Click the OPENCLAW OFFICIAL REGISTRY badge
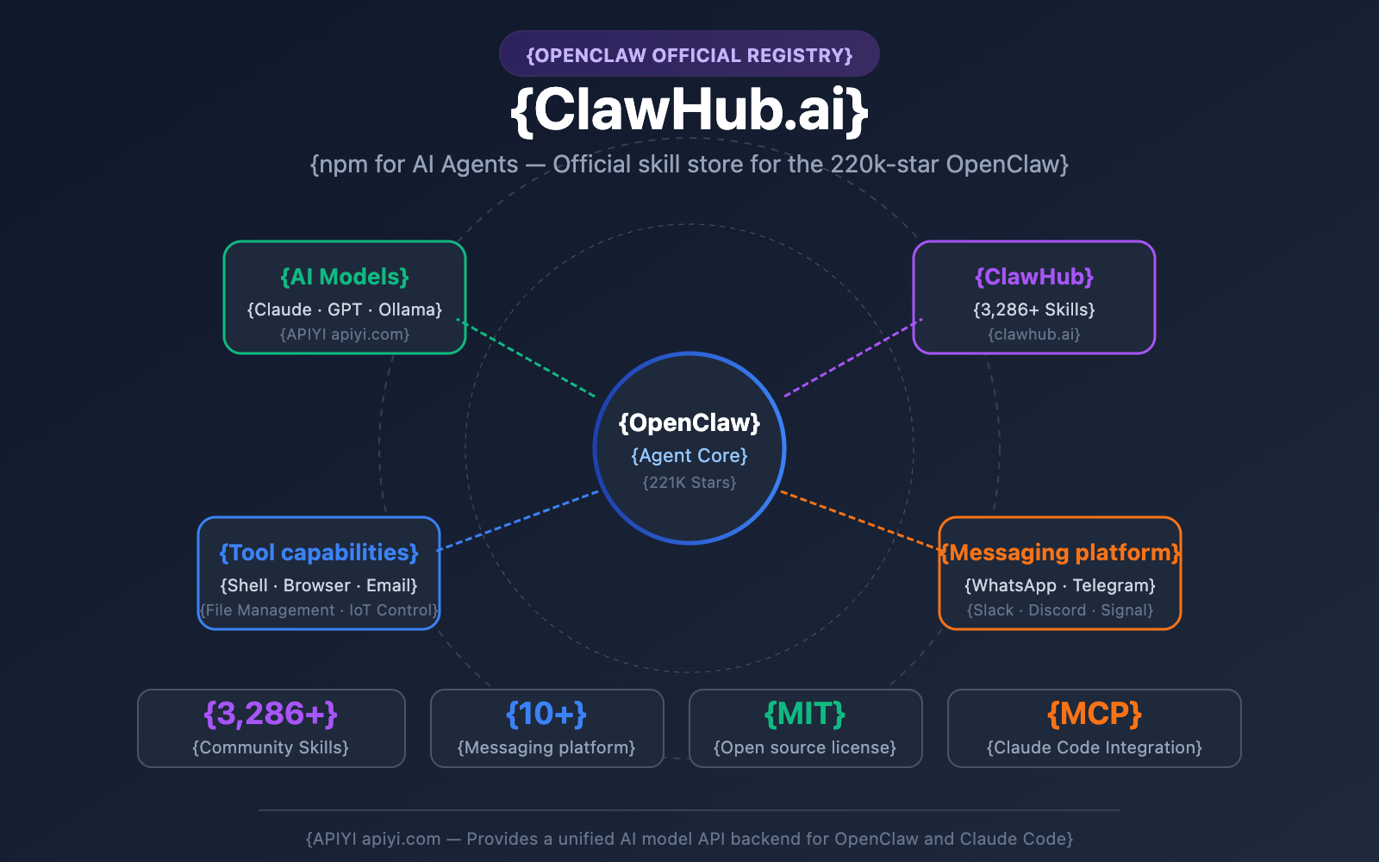pyautogui.click(x=689, y=55)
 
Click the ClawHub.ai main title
pyautogui.click(x=689, y=109)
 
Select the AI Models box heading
pyautogui.click(x=345, y=277)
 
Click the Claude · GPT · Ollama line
pyautogui.click(x=345, y=309)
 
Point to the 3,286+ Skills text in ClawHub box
pyautogui.click(x=1034, y=309)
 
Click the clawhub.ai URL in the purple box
pyautogui.click(x=1034, y=334)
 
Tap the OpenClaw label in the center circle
pyautogui.click(x=689, y=422)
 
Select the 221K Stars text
pyautogui.click(x=689, y=483)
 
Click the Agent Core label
pyautogui.click(x=689, y=455)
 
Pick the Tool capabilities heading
pyautogui.click(x=319, y=553)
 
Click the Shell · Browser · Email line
pyautogui.click(x=319, y=585)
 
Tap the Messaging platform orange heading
pyautogui.click(x=1060, y=553)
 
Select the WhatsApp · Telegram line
pyautogui.click(x=1060, y=585)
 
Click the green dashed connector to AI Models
pyautogui.click(x=526, y=359)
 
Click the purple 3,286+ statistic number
pyautogui.click(x=271, y=714)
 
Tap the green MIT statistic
pyautogui.click(x=805, y=714)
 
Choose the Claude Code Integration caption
pyautogui.click(x=1095, y=747)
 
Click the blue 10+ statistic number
pyautogui.click(x=546, y=714)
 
